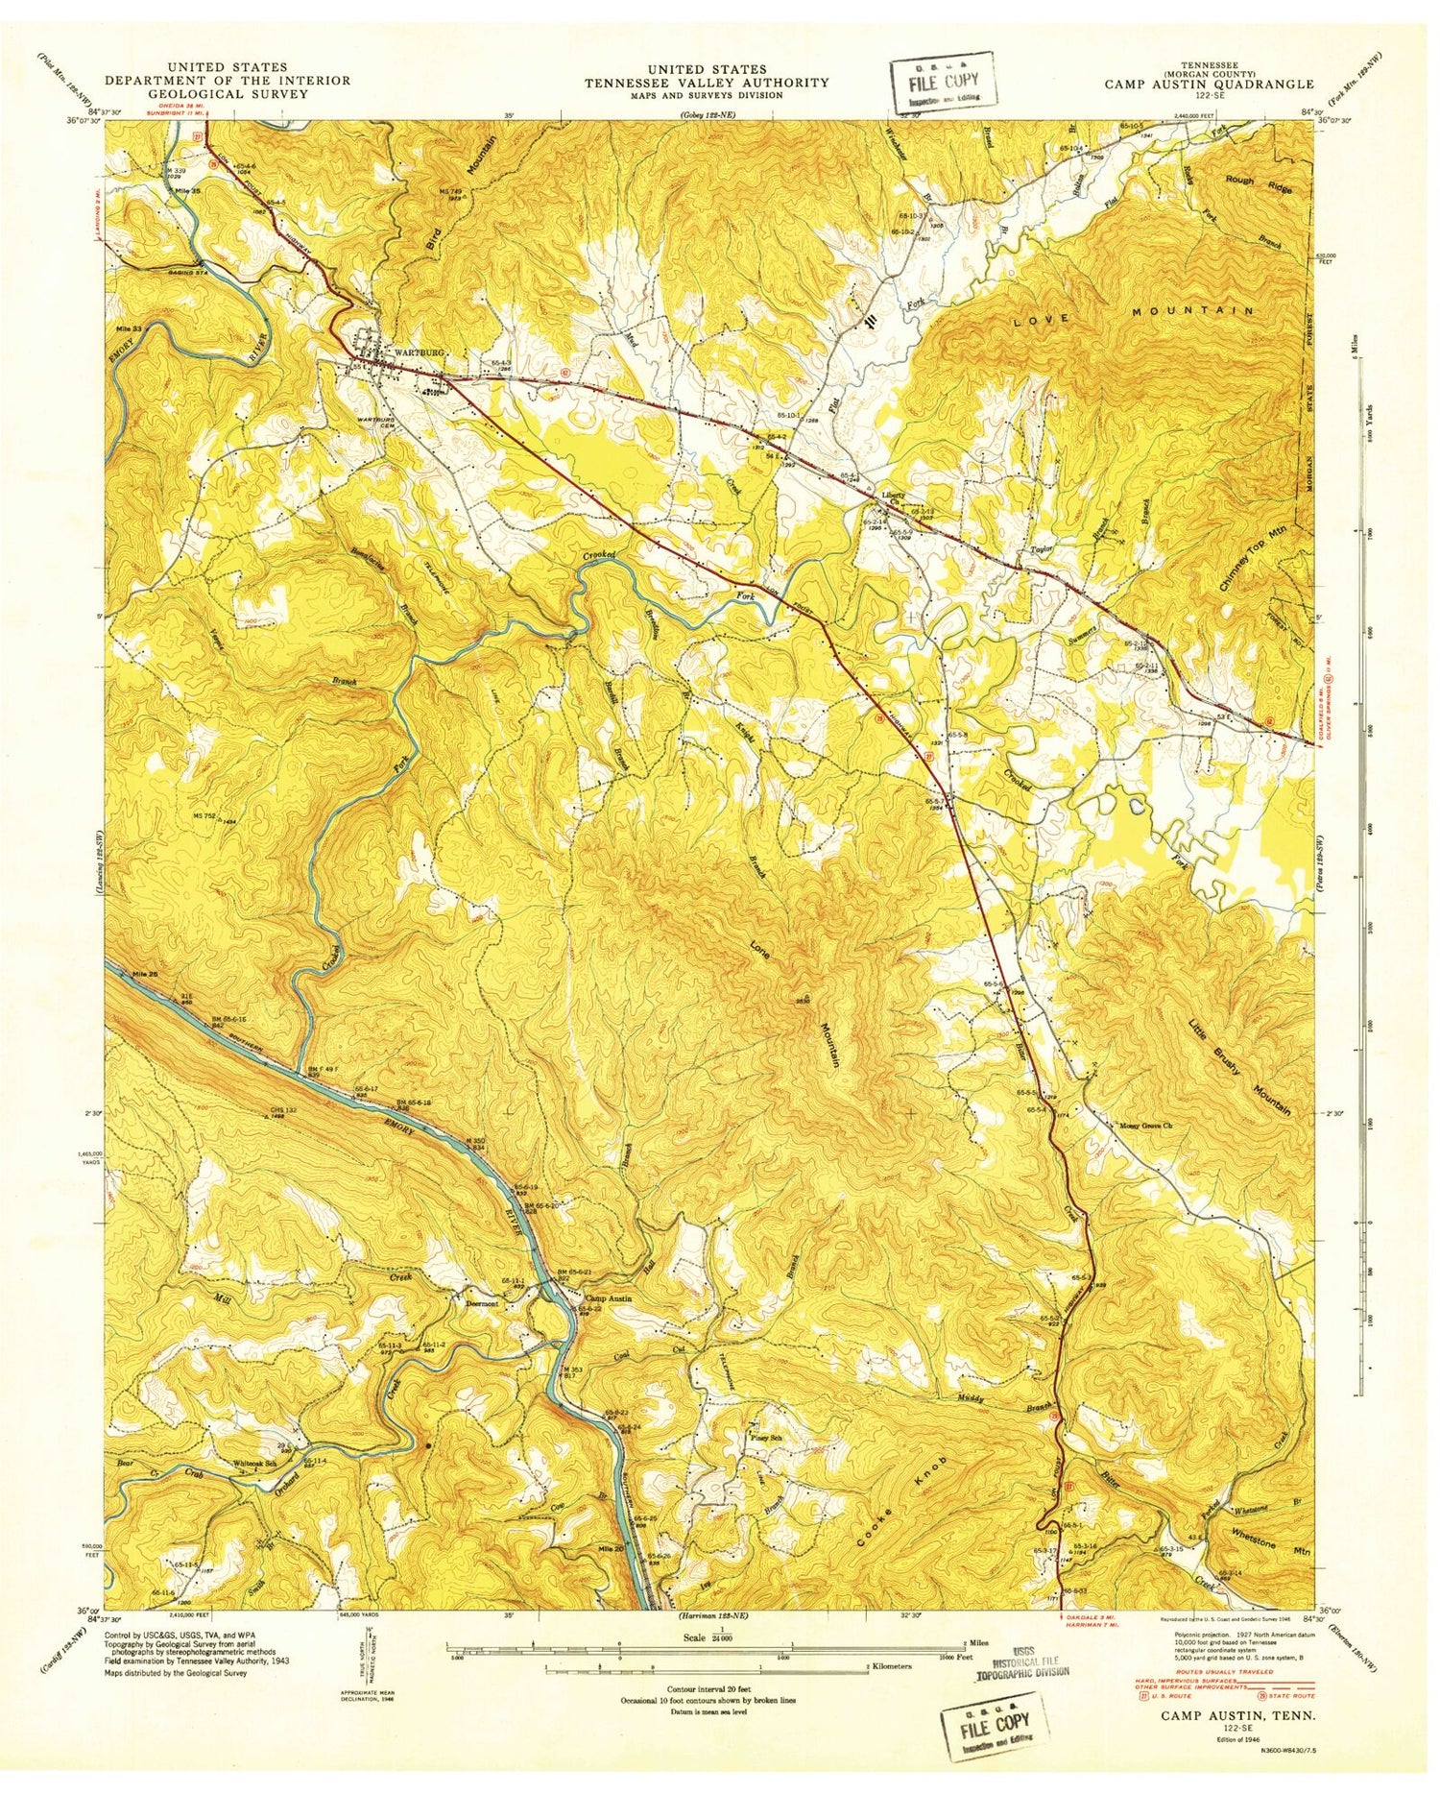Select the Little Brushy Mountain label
1238,1052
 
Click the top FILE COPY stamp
942,80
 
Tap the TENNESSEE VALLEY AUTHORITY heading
707,83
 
